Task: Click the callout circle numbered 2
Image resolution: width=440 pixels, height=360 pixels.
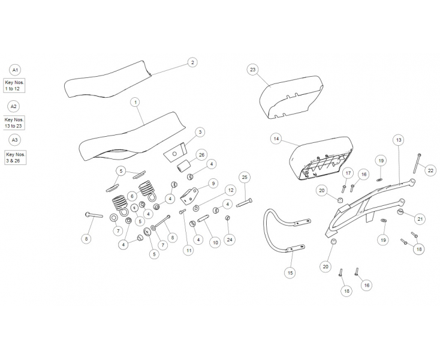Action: pyautogui.click(x=192, y=62)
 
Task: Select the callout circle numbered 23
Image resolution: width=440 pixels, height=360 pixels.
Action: pyautogui.click(x=252, y=70)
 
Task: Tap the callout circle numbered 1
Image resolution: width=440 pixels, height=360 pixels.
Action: pyautogui.click(x=135, y=102)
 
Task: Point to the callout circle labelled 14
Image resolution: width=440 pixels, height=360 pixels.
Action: pyautogui.click(x=276, y=139)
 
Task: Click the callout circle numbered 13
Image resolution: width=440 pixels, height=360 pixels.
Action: pyautogui.click(x=399, y=140)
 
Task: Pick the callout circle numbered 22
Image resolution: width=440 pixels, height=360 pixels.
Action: pyautogui.click(x=430, y=170)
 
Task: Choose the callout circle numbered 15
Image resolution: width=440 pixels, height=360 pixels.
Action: pyautogui.click(x=290, y=272)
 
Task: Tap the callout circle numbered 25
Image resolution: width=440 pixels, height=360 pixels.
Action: pyautogui.click(x=245, y=177)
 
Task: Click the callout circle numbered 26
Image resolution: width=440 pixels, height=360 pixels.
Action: pyautogui.click(x=201, y=155)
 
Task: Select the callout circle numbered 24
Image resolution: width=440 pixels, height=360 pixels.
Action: pyautogui.click(x=230, y=240)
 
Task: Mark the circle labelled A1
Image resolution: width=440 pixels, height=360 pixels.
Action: pyautogui.click(x=15, y=70)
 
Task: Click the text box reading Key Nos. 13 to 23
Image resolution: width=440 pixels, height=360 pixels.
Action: pyautogui.click(x=14, y=123)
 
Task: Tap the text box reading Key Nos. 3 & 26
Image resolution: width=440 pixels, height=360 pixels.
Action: pyautogui.click(x=15, y=158)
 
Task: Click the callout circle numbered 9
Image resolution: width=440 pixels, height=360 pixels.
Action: pyautogui.click(x=213, y=184)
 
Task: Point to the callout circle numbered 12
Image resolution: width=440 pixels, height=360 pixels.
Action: pyautogui.click(x=231, y=190)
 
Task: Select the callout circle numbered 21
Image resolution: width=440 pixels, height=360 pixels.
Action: pyautogui.click(x=420, y=219)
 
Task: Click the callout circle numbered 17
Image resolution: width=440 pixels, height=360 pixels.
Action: pyautogui.click(x=348, y=173)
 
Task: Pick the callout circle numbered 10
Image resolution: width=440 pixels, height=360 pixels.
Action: pyautogui.click(x=215, y=242)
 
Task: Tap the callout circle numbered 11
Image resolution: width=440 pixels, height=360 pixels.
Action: pyautogui.click(x=188, y=250)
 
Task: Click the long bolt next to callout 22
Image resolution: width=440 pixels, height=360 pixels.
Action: pyautogui.click(x=417, y=163)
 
